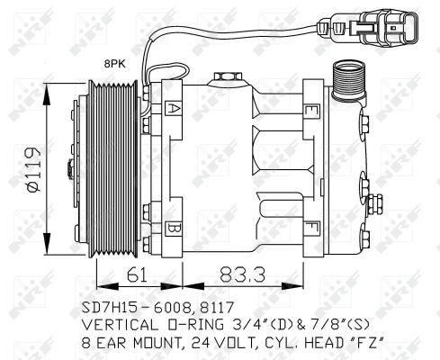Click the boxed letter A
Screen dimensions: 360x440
coord(172,110)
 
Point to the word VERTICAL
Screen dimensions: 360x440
coord(122,323)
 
